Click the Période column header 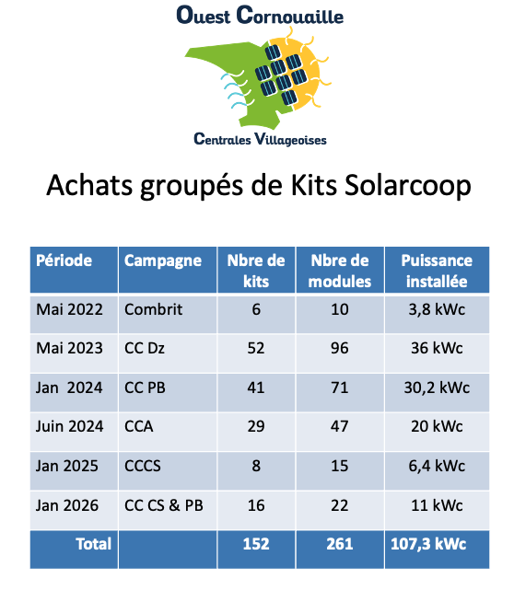pyautogui.click(x=64, y=260)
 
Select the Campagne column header pyautogui.click(x=163, y=260)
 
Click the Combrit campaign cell pyautogui.click(x=154, y=309)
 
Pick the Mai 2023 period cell pyautogui.click(x=69, y=349)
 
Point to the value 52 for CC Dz pyautogui.click(x=256, y=349)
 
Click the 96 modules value pyautogui.click(x=340, y=349)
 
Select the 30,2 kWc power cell pyautogui.click(x=436, y=388)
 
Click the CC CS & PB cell pyautogui.click(x=165, y=505)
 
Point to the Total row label pyautogui.click(x=93, y=544)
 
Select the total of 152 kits pyautogui.click(x=256, y=544)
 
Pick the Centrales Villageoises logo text pyautogui.click(x=261, y=139)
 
